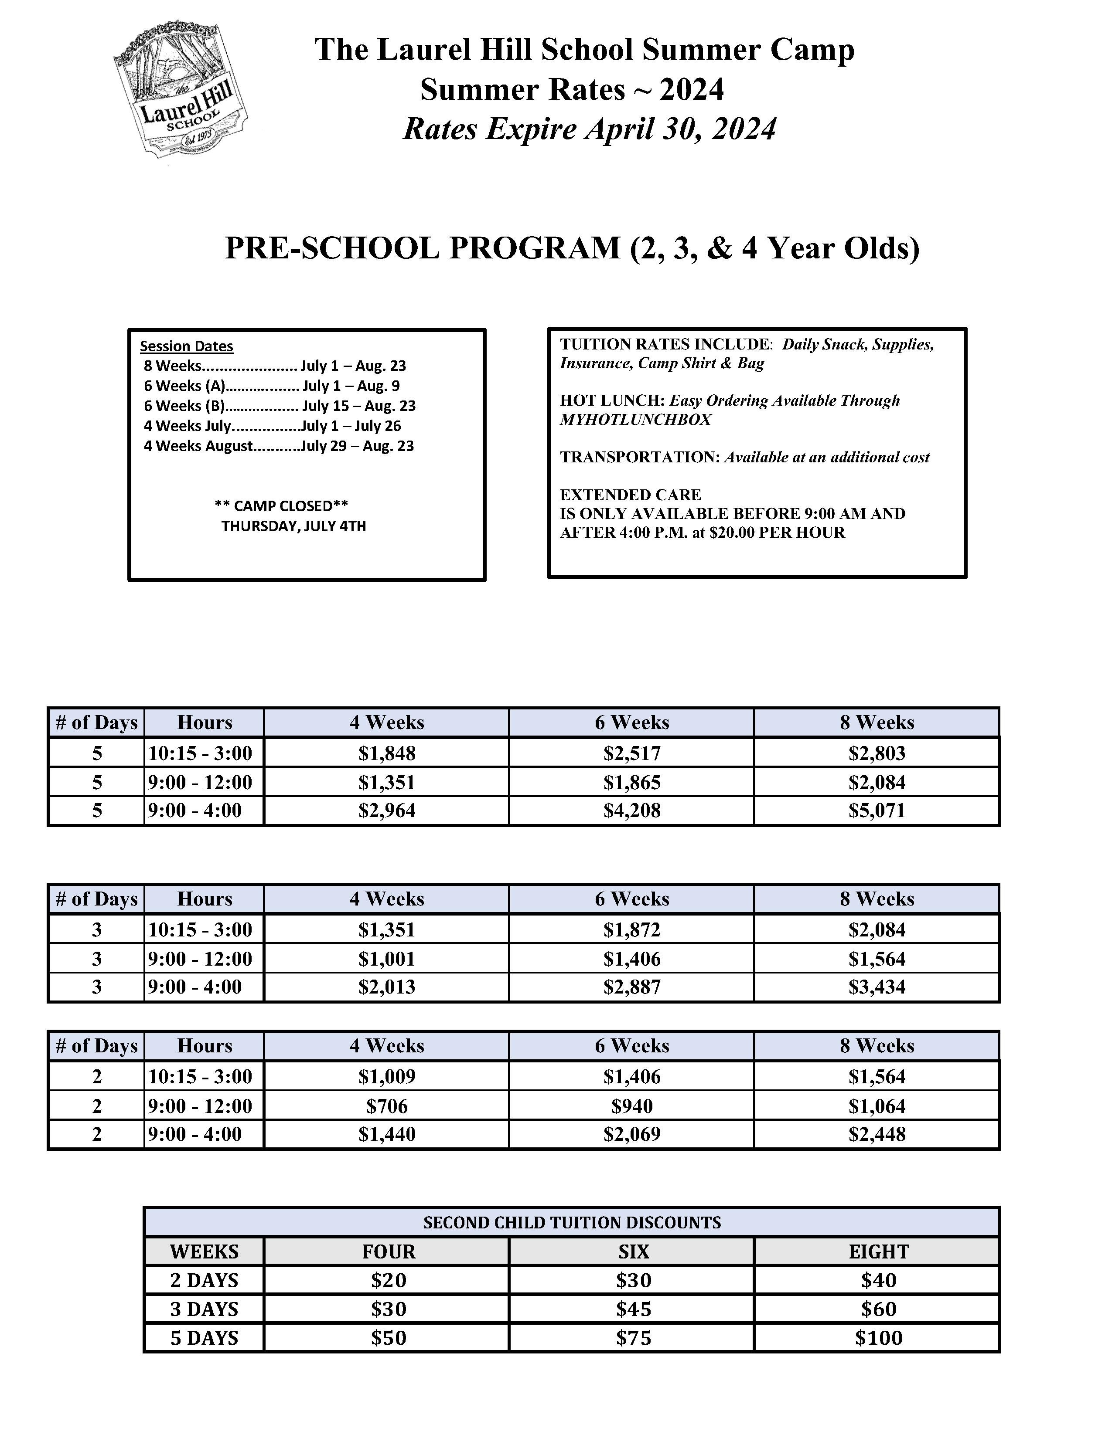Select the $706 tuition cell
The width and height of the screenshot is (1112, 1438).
tap(387, 1106)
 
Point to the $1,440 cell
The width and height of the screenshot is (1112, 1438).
tap(387, 1134)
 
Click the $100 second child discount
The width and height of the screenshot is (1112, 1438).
tap(878, 1338)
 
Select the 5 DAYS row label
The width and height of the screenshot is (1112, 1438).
tap(204, 1338)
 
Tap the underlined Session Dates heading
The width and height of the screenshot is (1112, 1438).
tap(187, 346)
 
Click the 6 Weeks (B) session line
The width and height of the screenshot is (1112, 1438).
tap(280, 406)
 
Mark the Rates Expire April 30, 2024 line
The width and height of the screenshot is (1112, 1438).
tap(589, 129)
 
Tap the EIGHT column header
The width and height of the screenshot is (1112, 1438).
tap(878, 1251)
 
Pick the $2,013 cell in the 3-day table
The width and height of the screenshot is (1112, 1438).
tap(387, 987)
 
